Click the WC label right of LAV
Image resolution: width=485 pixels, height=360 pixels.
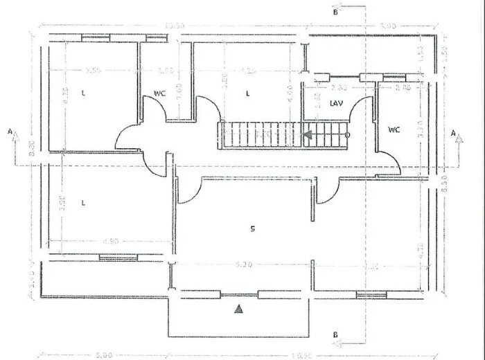(394, 129)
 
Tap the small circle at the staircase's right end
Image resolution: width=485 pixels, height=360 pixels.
(348, 135)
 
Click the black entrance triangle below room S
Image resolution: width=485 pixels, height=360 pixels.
(238, 309)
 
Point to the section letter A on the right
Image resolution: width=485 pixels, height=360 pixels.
(453, 131)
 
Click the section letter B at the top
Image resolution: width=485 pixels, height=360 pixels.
(335, 12)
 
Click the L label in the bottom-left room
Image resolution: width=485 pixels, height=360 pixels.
(83, 203)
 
